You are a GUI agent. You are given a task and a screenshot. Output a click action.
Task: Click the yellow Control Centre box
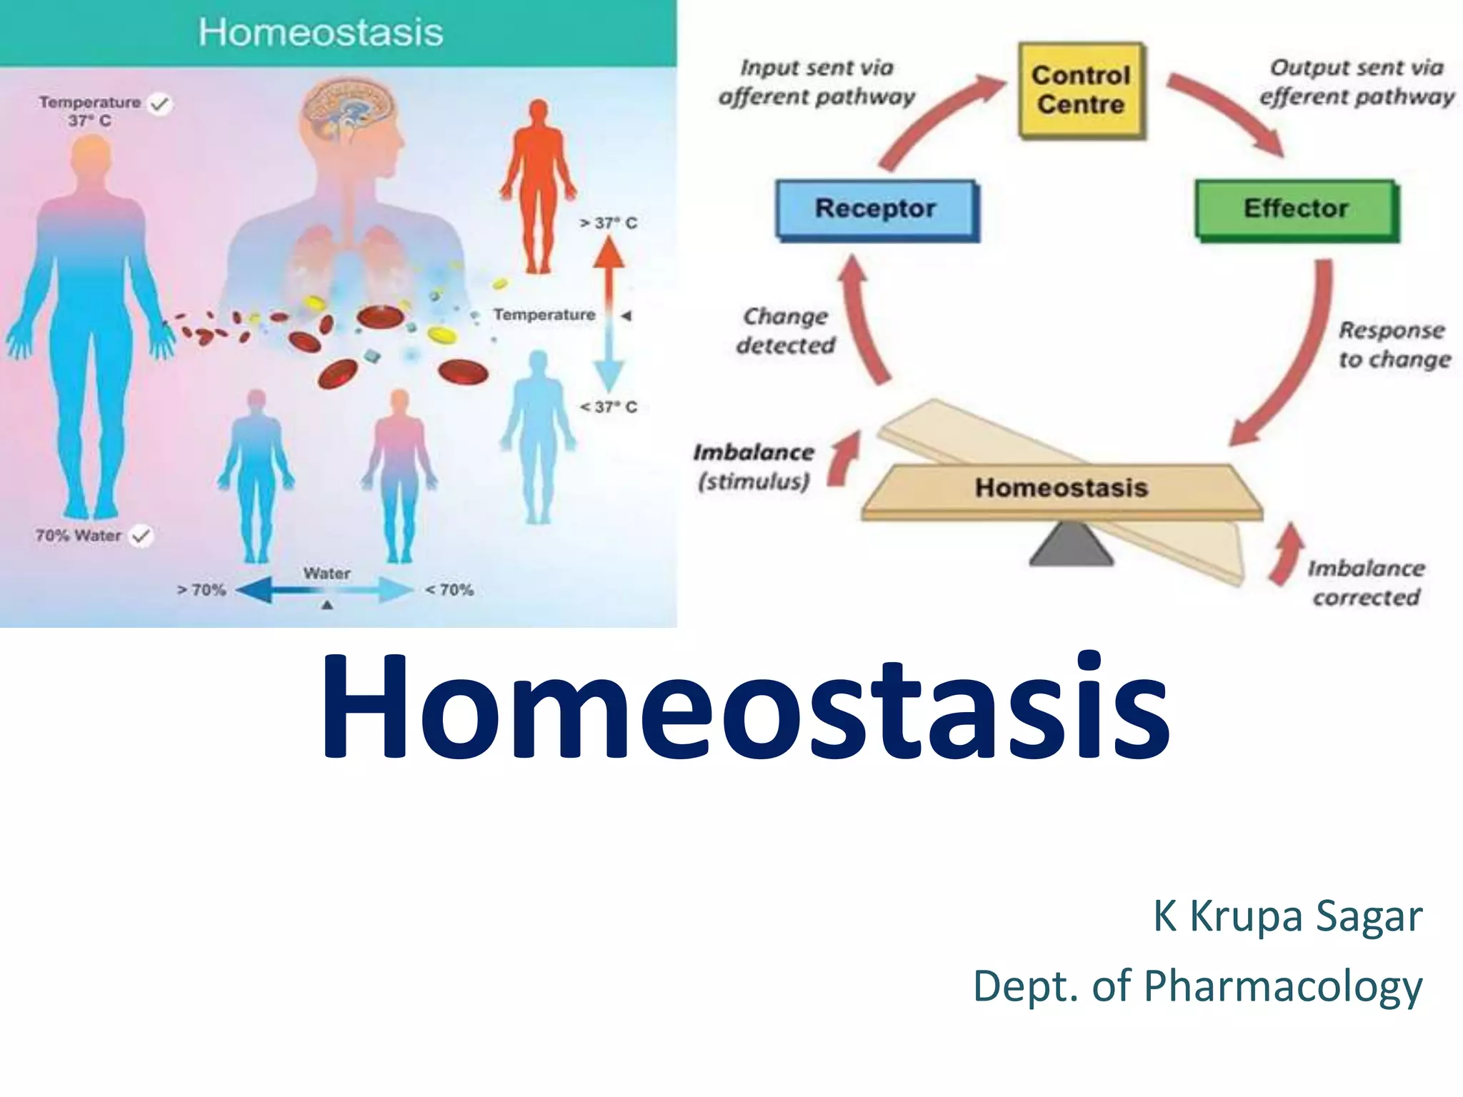tap(1081, 90)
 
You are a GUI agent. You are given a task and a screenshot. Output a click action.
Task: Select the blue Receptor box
tap(876, 209)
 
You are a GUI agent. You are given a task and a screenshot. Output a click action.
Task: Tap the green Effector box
tap(1296, 209)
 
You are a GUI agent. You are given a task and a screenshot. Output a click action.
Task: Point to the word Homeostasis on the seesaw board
tap(1061, 488)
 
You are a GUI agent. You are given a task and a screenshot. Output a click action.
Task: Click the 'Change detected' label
tap(786, 331)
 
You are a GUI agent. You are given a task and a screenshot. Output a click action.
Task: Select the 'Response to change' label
tap(1394, 344)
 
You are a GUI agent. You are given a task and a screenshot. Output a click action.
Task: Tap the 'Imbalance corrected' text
tap(1366, 583)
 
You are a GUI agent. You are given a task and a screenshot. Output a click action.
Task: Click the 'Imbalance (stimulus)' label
tap(754, 466)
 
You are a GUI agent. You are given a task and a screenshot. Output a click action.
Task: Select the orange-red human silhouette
tap(539, 186)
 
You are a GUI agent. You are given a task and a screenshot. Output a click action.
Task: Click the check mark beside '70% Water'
tap(141, 536)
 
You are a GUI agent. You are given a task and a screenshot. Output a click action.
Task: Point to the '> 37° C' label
tap(608, 224)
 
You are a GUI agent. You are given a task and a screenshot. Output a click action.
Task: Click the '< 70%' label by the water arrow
tap(449, 590)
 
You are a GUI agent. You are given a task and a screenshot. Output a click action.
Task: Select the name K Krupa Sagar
tap(1287, 916)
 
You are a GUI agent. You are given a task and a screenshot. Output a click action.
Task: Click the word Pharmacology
tap(1283, 986)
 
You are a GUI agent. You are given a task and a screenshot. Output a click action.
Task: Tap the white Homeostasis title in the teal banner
tap(321, 33)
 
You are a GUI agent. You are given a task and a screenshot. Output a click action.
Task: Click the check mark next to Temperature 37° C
tap(160, 104)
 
